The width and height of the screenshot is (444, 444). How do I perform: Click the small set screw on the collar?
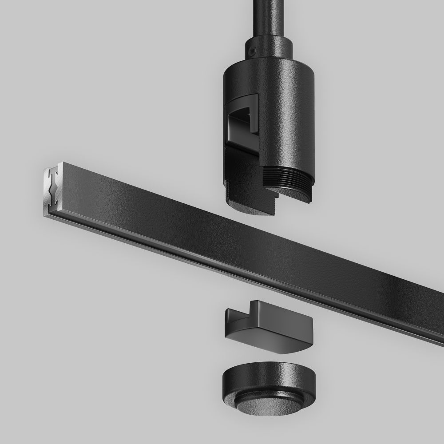click(x=252, y=51)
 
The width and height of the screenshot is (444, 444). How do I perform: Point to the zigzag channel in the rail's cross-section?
click(x=54, y=191)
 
